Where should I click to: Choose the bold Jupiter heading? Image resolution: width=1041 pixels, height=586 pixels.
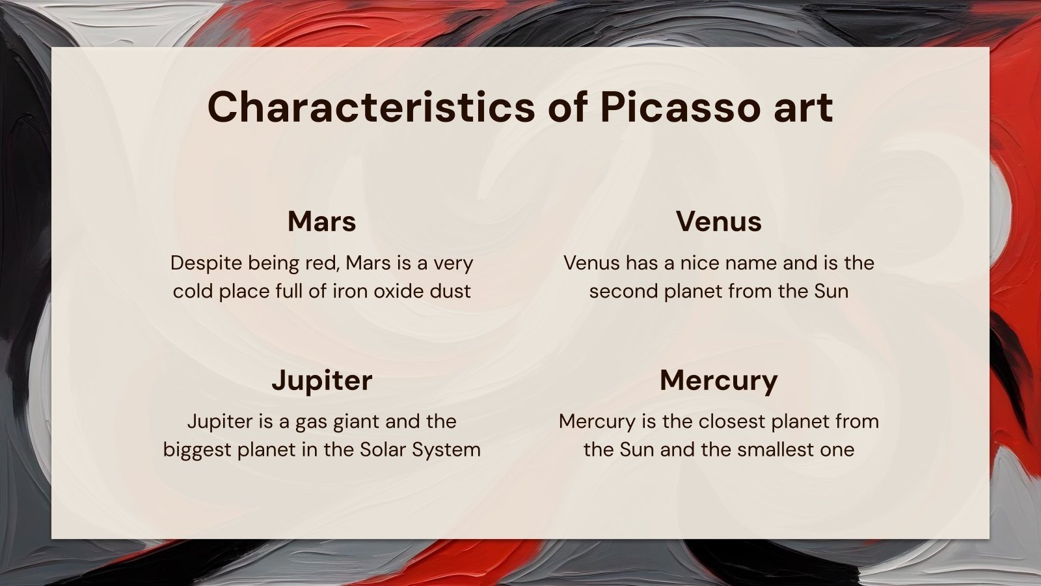click(x=321, y=382)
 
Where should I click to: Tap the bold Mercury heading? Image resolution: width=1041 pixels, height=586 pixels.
click(x=718, y=382)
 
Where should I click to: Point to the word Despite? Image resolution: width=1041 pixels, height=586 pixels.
click(x=206, y=264)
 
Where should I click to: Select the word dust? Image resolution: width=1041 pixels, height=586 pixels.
click(x=450, y=291)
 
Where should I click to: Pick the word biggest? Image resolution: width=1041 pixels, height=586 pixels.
click(x=197, y=450)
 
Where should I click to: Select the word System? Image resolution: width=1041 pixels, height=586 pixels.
click(x=446, y=450)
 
